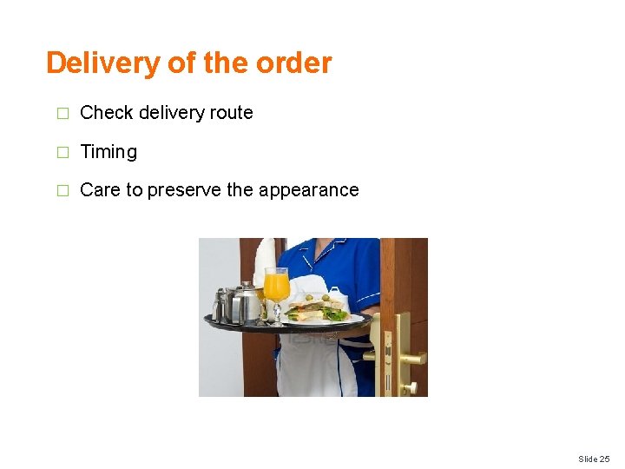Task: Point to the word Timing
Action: [109, 152]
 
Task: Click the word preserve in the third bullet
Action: [184, 190]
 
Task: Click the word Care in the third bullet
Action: [100, 190]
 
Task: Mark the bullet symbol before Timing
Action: [61, 153]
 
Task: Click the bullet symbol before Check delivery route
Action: [61, 114]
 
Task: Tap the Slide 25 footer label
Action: [593, 459]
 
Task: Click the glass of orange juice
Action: [276, 287]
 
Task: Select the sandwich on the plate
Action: [317, 310]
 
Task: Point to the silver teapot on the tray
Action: [246, 304]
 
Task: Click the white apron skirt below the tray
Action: [317, 369]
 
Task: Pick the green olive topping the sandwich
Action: [326, 298]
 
